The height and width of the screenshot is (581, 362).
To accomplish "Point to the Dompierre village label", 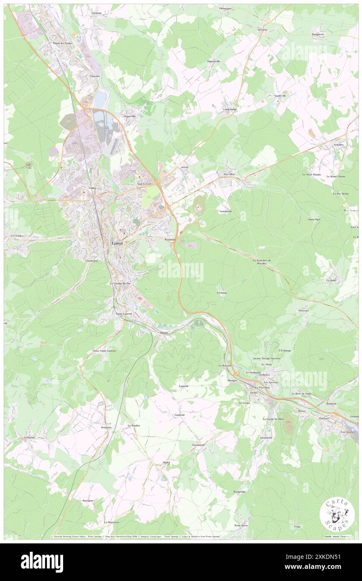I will (318, 34).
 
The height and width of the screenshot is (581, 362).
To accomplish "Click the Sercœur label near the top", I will (262, 30).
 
